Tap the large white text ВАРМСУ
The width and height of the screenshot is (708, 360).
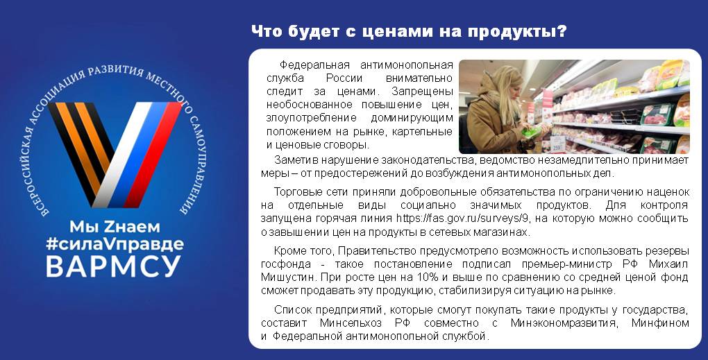tap(113, 266)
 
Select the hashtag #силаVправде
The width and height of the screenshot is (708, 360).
tap(115, 244)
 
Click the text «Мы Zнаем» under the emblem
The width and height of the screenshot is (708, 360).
tap(115, 226)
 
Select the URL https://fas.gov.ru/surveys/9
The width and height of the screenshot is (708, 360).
tap(463, 218)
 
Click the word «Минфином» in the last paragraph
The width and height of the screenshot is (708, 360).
tap(660, 323)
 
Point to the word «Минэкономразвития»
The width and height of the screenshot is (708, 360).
tap(564, 323)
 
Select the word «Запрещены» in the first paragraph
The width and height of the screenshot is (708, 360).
tap(422, 92)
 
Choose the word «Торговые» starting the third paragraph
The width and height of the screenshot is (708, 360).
tap(296, 191)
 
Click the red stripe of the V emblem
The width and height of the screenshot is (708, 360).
tap(153, 154)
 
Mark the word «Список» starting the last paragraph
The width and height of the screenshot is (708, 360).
tap(293, 310)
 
